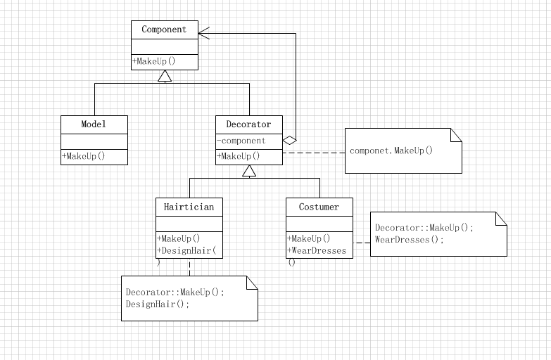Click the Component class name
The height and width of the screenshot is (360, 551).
164,30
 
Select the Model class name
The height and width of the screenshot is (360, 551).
94,124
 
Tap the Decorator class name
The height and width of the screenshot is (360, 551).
248,124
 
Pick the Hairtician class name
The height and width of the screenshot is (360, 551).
189,207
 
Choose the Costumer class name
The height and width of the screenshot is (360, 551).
319,207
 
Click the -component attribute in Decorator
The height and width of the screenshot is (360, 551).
241,141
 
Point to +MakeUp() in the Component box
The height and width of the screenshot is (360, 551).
154,61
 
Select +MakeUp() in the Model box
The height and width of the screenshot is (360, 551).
84,156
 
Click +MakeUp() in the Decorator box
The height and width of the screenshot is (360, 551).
239,156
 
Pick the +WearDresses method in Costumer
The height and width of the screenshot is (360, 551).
317,251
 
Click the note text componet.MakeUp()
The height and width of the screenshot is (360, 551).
391,150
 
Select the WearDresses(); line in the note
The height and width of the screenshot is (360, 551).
410,240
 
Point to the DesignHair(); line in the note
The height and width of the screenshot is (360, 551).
158,304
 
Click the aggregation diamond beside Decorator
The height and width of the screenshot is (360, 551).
289,141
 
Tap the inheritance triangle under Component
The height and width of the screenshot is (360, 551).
165,76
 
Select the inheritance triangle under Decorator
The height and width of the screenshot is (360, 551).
249,171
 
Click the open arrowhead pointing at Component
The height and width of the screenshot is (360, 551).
204,33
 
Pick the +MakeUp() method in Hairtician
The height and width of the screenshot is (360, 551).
179,239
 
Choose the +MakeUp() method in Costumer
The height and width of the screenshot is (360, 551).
309,239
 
